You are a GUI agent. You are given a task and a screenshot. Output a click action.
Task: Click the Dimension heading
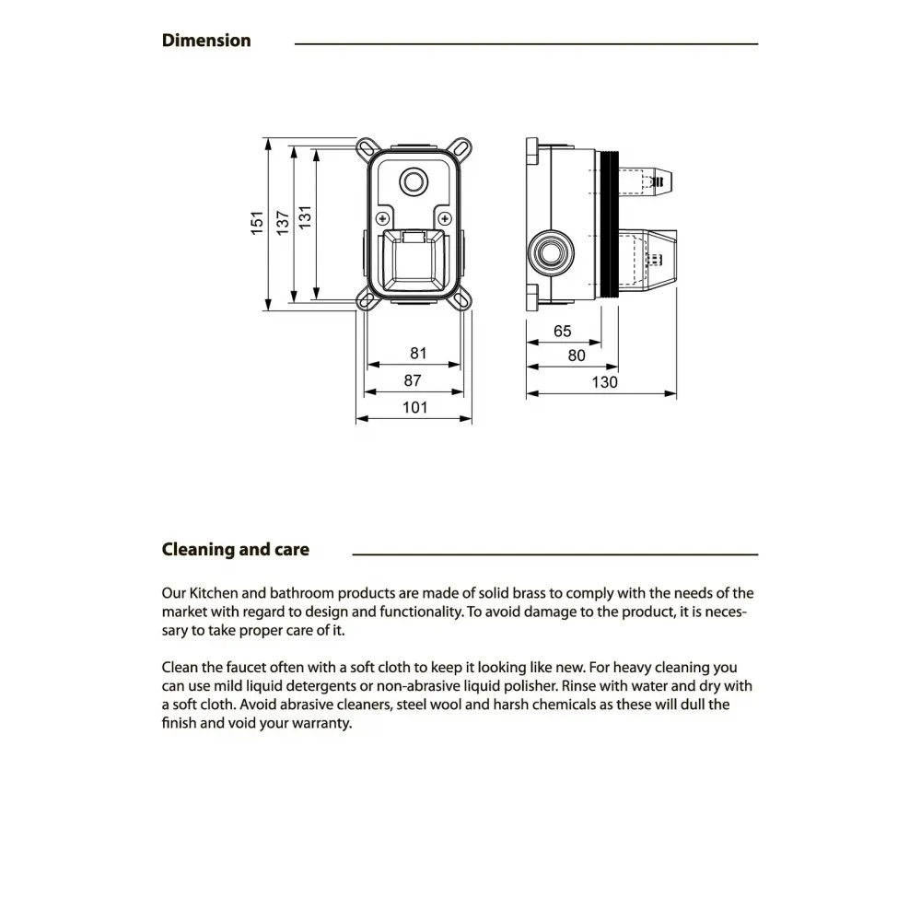(206, 41)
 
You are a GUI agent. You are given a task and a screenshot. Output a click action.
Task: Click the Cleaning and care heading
(236, 550)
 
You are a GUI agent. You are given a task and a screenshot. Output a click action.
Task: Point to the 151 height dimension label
(259, 222)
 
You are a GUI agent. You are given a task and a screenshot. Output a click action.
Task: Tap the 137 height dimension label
(284, 222)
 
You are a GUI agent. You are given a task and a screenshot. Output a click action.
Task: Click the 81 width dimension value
(419, 353)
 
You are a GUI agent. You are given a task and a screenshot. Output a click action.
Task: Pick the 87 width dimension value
(413, 379)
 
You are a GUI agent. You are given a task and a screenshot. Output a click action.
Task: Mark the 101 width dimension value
(415, 407)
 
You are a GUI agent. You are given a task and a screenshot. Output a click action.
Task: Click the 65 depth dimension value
(563, 332)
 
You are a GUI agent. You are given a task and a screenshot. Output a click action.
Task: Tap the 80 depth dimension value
(577, 356)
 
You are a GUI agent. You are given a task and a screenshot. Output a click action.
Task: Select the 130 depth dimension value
(604, 382)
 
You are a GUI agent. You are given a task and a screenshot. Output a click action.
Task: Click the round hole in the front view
(414, 180)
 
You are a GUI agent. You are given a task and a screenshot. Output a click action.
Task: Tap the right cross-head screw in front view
(446, 218)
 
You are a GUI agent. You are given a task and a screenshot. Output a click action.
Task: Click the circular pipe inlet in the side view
(553, 250)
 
